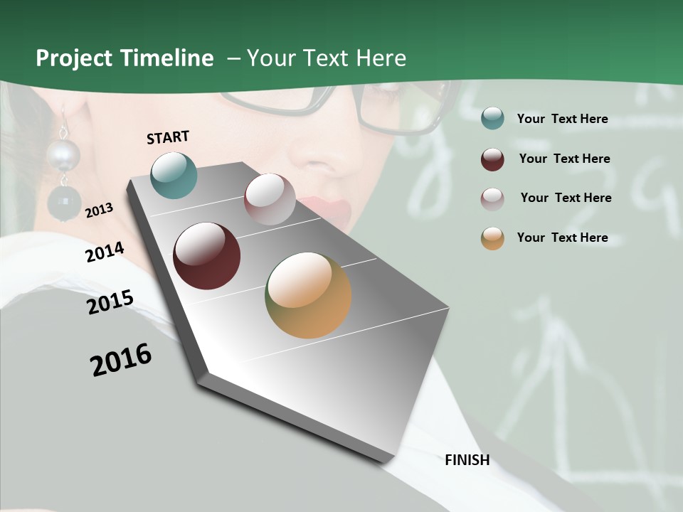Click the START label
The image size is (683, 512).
click(168, 137)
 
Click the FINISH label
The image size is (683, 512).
click(467, 460)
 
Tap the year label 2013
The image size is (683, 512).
click(99, 210)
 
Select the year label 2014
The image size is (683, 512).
click(105, 252)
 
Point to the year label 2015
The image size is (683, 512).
click(110, 302)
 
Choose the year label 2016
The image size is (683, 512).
click(121, 360)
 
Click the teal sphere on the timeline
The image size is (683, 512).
click(174, 175)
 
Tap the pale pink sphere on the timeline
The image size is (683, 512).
click(270, 199)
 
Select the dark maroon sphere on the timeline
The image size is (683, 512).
click(207, 256)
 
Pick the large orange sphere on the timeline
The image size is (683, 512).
click(308, 295)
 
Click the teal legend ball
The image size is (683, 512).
click(492, 119)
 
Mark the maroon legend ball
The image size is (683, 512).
click(492, 159)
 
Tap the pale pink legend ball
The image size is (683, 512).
click(492, 198)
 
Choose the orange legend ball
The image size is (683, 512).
click(492, 238)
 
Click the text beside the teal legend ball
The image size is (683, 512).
click(562, 119)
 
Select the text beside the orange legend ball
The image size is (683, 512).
click(562, 238)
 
